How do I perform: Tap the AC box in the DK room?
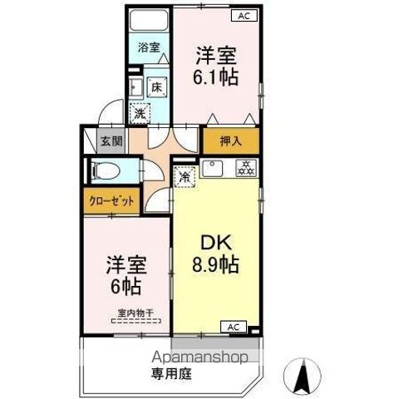coord(234,327)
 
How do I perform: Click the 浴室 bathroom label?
coord(149,48)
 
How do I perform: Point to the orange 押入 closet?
coord(230,142)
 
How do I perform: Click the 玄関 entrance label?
coord(111,142)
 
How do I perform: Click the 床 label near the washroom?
coord(155,86)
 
